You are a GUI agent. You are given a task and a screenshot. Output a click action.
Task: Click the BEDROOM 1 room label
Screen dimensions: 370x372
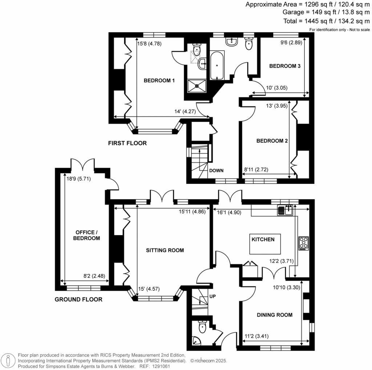coord(159,80)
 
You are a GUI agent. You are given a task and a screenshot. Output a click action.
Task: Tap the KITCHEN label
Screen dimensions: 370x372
coord(263,239)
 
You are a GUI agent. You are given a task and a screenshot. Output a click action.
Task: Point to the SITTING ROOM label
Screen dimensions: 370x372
coord(165,250)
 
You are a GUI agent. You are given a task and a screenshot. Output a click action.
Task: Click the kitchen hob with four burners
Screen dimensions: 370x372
coord(303,243)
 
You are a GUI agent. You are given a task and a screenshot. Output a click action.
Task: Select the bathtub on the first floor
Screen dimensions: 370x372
coord(217,65)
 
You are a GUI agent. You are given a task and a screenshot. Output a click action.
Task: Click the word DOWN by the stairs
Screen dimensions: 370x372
coord(216,170)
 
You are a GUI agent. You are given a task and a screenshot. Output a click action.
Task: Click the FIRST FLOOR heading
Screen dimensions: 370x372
coord(127,143)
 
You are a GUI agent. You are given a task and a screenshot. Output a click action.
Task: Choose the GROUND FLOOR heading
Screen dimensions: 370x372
coord(78,299)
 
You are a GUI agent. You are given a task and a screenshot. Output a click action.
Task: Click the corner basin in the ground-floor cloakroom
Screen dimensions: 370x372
coord(196,341)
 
